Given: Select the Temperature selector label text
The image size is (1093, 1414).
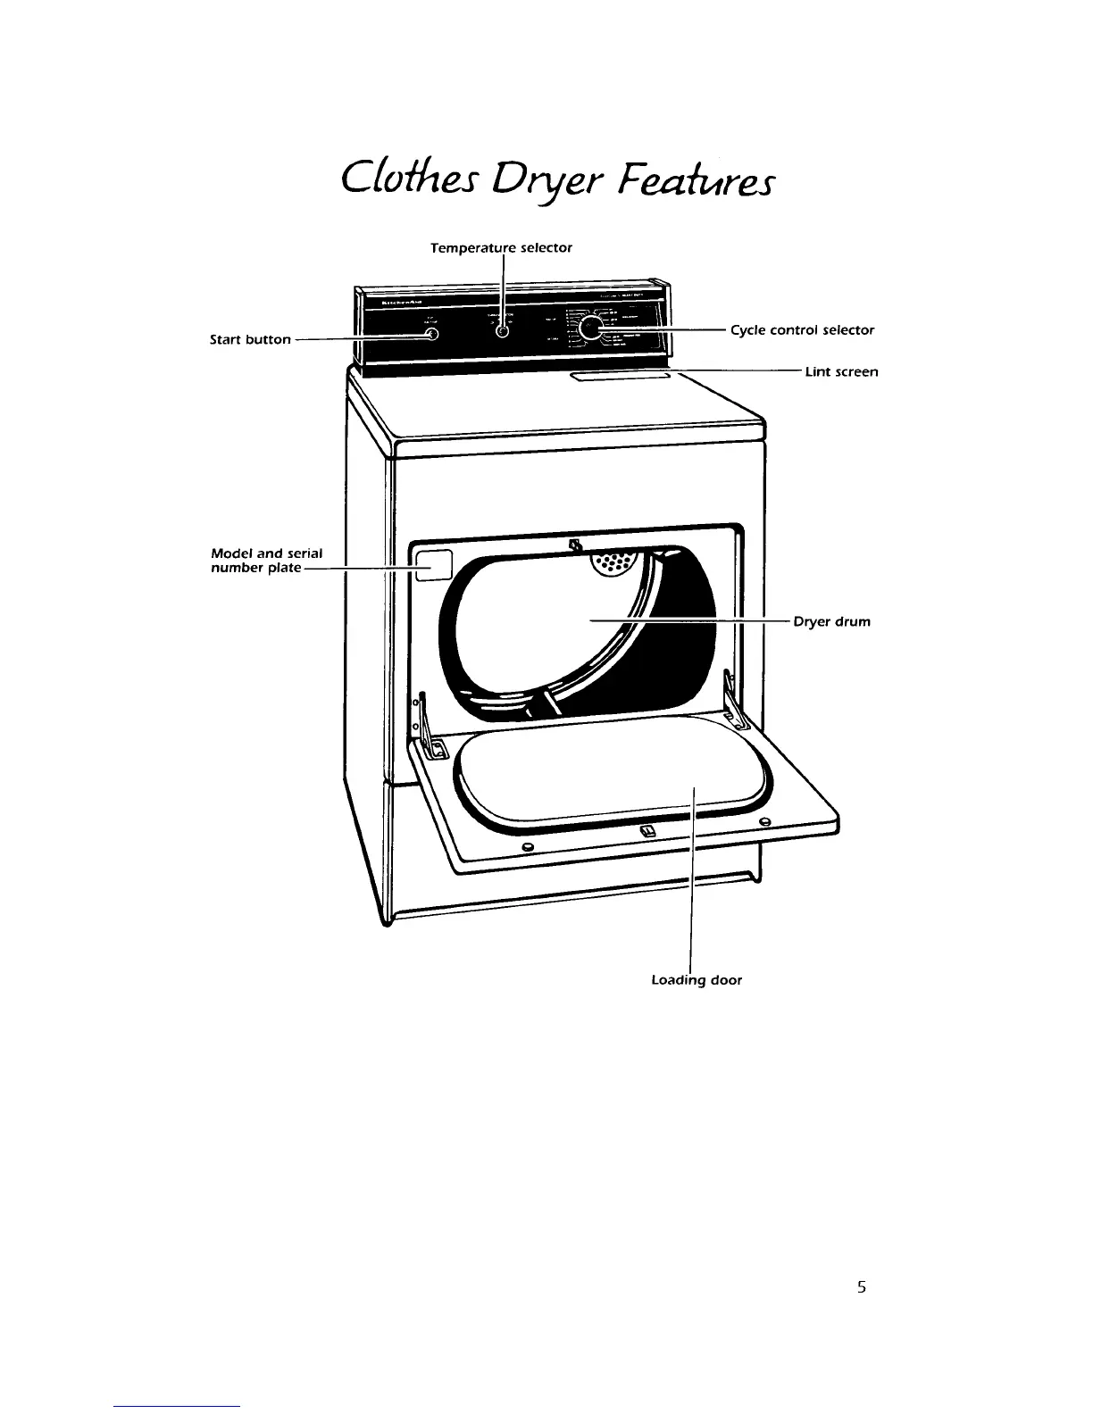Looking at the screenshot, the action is pyautogui.click(x=501, y=248).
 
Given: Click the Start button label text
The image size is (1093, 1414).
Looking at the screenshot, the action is pyautogui.click(x=250, y=339).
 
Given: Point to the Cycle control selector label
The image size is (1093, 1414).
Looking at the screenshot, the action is pyautogui.click(x=802, y=330).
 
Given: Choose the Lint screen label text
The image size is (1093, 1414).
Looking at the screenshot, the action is pyautogui.click(x=841, y=371).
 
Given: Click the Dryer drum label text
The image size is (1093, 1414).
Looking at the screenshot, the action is pyautogui.click(x=831, y=621).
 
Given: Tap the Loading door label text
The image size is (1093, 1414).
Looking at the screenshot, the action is pyautogui.click(x=697, y=980).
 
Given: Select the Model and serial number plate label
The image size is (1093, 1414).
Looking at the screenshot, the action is pyautogui.click(x=265, y=561).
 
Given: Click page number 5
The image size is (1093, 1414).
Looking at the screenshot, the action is pyautogui.click(x=861, y=1287).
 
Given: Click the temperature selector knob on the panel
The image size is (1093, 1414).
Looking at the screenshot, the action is pyautogui.click(x=502, y=332).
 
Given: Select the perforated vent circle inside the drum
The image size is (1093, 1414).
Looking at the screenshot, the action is pyautogui.click(x=613, y=562).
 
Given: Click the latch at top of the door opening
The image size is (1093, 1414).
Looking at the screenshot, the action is pyautogui.click(x=575, y=545).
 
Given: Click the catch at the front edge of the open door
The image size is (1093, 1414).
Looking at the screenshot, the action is pyautogui.click(x=648, y=832).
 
